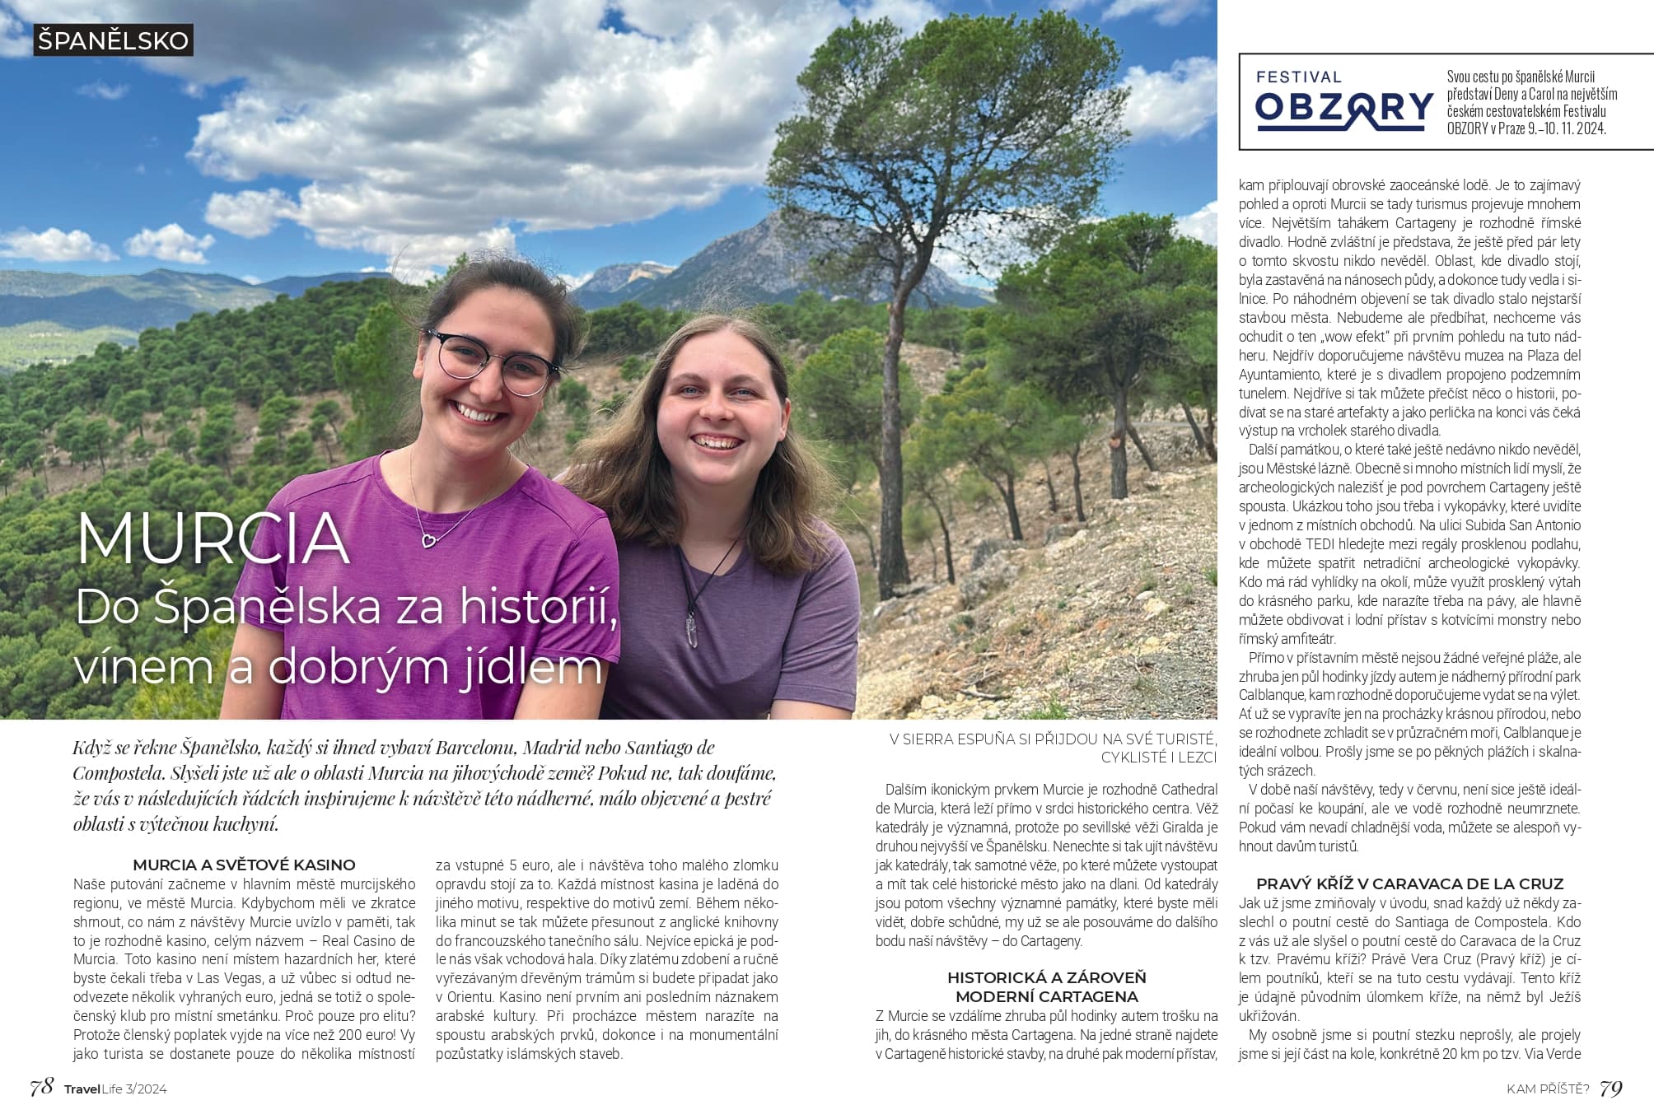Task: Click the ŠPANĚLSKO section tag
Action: pos(113,40)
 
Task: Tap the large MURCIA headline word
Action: pos(213,539)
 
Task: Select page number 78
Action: pos(41,1088)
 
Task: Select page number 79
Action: pos(1610,1088)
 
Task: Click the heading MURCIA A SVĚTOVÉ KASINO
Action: pos(244,865)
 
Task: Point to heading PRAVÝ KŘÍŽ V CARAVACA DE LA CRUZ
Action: pos(1409,884)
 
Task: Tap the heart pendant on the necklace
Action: pos(428,540)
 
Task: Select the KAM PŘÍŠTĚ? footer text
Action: pos(1548,1089)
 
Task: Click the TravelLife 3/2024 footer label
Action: pos(115,1089)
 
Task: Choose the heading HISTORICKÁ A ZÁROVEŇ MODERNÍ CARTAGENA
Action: pos(1046,986)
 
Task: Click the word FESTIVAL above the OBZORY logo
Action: pos(1298,77)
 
